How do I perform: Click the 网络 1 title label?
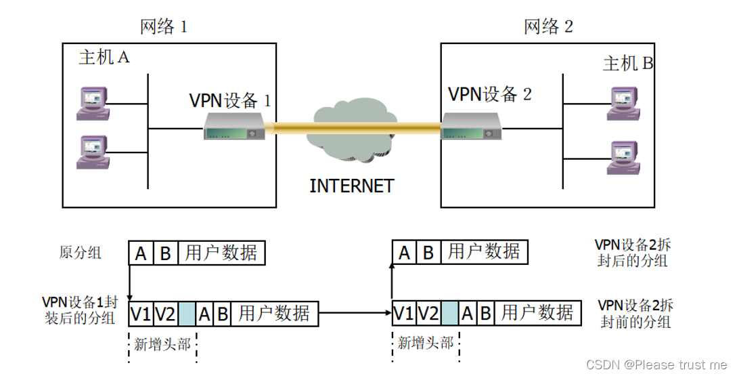[x=163, y=26]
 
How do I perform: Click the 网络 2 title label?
[x=548, y=26]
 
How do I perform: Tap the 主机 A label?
[x=104, y=58]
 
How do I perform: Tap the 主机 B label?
[x=628, y=64]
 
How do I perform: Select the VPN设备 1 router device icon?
[x=234, y=126]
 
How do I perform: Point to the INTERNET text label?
[x=351, y=186]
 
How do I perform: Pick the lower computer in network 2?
[x=621, y=158]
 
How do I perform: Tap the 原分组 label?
[x=80, y=253]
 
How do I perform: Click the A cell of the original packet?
[x=141, y=253]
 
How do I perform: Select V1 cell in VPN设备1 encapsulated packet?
[x=141, y=314]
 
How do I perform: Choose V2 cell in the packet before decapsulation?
[x=428, y=313]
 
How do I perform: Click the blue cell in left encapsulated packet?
[x=187, y=314]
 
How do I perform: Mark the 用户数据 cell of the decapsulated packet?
[x=484, y=252]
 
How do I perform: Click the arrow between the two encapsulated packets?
[x=355, y=313]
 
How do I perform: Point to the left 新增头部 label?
[x=162, y=344]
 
